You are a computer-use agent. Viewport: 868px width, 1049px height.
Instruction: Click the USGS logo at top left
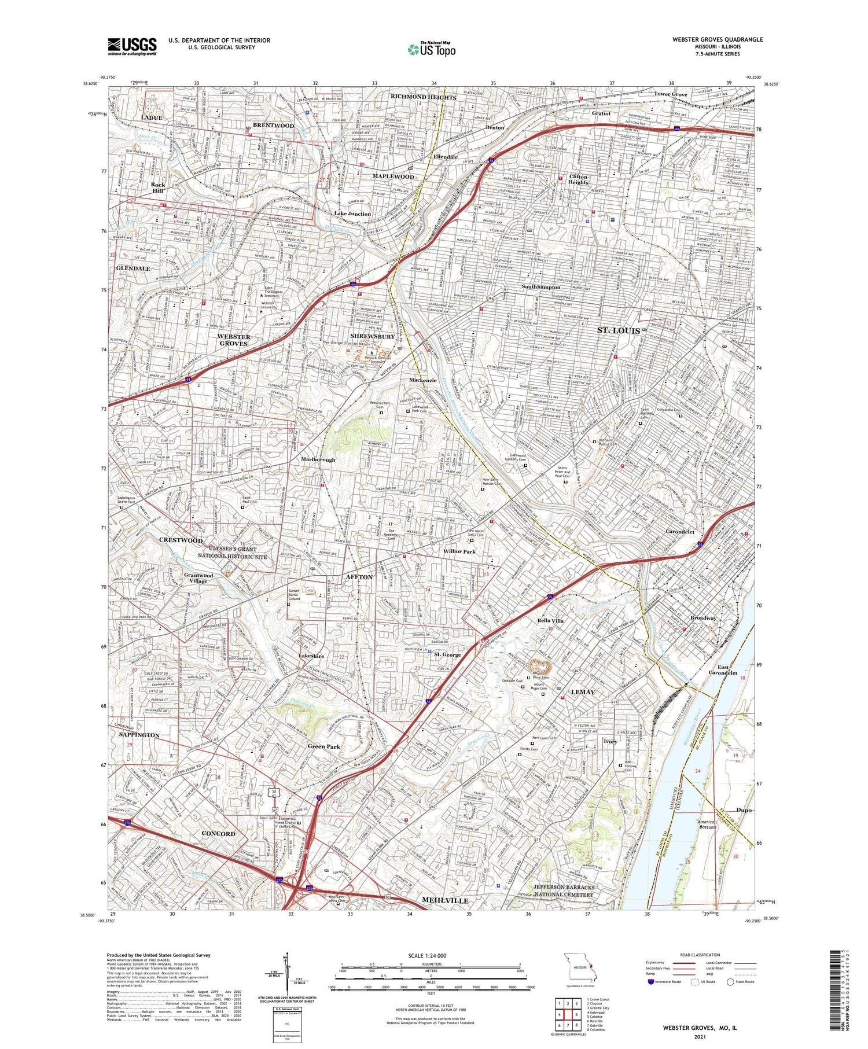pos(132,46)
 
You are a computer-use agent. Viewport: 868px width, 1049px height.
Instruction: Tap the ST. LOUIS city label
pos(619,330)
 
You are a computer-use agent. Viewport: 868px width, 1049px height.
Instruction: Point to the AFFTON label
pos(359,577)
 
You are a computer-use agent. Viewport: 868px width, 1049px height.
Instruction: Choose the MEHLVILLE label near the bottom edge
pos(445,900)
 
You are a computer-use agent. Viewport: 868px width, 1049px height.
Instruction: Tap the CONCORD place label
pos(218,833)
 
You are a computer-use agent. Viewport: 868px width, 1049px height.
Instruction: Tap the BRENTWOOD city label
pos(273,126)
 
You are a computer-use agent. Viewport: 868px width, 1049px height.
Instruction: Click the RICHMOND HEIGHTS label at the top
pos(424,97)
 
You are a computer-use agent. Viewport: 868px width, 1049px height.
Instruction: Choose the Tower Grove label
pos(671,94)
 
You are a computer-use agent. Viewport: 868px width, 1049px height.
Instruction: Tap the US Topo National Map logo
pos(431,49)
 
